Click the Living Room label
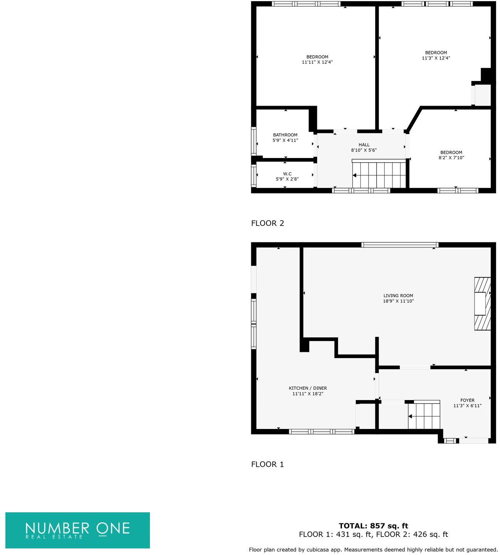coord(398,296)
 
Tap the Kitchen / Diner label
coord(308,388)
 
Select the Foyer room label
coord(467,400)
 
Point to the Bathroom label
coord(285,135)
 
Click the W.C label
coord(287,174)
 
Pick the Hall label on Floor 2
coord(364,145)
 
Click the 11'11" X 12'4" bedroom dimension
coord(317,62)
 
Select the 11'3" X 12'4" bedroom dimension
coord(436,58)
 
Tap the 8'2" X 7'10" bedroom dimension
coord(451,158)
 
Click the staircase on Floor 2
coord(379,175)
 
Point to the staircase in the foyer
coord(424,416)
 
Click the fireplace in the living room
coord(482,304)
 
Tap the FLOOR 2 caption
coord(268,223)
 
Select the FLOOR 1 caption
coord(268,464)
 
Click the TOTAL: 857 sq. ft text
coord(373,526)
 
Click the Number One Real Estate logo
coord(77,530)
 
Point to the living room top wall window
coord(400,245)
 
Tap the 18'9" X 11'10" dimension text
coord(398,301)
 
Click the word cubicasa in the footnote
coord(318,550)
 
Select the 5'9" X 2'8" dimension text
coord(287,179)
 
